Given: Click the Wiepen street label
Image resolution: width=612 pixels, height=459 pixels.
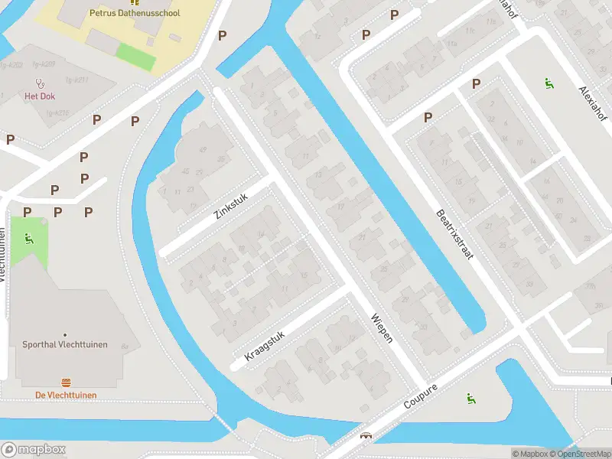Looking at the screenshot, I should [x=381, y=327].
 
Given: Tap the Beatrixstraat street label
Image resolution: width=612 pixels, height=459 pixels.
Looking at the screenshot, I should [x=454, y=234].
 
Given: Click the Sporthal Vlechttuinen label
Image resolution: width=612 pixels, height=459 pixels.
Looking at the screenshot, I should [x=65, y=345].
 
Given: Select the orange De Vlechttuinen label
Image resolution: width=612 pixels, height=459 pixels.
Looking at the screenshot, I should [x=66, y=394].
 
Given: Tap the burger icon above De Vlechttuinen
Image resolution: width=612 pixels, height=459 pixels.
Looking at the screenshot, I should [x=66, y=382].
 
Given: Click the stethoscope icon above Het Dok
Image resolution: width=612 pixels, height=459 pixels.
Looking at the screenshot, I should [x=40, y=83].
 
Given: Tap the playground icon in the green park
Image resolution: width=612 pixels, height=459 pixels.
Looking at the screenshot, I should [x=29, y=238].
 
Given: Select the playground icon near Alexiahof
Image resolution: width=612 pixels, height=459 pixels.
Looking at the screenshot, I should [x=548, y=83].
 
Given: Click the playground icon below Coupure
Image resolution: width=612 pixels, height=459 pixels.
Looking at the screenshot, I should [x=469, y=398].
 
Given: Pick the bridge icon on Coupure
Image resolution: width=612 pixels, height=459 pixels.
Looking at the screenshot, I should [x=366, y=436].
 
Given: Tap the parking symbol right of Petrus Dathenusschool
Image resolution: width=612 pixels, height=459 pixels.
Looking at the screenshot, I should [x=222, y=35].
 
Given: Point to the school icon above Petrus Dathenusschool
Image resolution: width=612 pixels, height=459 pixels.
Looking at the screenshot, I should [x=135, y=2].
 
